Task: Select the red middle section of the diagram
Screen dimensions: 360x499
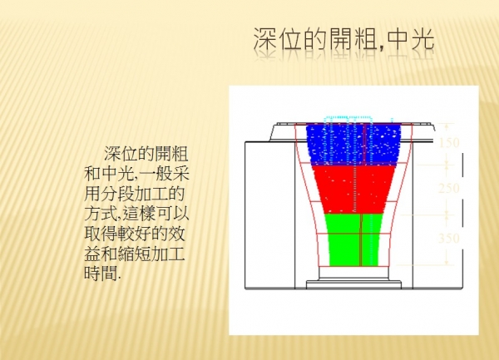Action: pyautogui.click(x=353, y=189)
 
